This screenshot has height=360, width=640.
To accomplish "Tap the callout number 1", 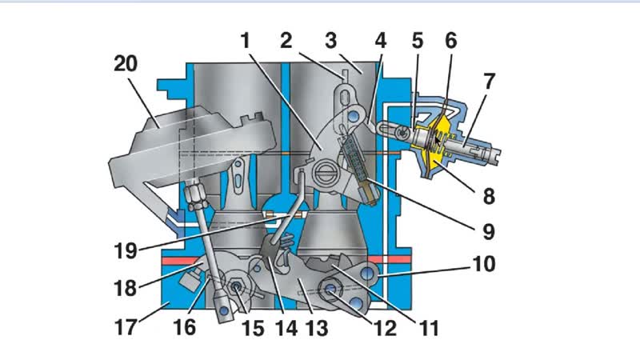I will point(245,38).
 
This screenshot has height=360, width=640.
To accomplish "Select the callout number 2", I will point(289,38).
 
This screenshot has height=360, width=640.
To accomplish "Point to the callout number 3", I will point(330,38).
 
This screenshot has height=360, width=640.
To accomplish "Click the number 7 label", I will point(490,81).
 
